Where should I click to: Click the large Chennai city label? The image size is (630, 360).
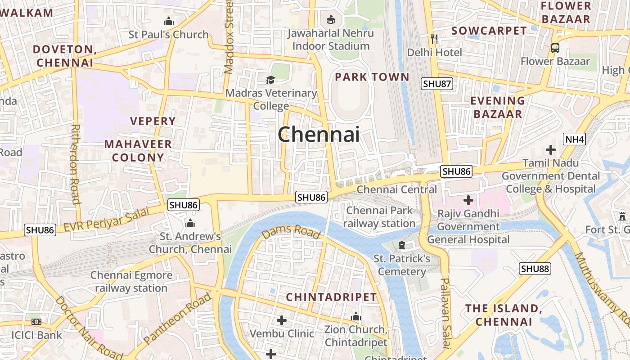pos(319,134)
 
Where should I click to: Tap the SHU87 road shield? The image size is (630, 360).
pos(437,84)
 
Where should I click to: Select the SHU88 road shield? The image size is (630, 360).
pos(535,269)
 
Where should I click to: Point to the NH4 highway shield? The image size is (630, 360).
pos(575,139)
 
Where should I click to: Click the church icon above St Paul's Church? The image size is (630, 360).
pos(169,21)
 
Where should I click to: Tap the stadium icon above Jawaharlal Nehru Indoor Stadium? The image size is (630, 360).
pos(331,19)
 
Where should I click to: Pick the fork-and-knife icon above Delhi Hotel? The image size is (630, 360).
pos(434,39)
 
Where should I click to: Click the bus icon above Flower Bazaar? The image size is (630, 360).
pos(555,48)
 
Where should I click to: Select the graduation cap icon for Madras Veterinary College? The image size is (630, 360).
pos(270,80)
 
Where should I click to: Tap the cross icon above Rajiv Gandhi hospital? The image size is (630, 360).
pos(468,200)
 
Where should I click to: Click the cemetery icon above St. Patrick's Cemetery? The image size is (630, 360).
pos(402,245)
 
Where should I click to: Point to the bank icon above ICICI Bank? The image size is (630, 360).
pos(36,322)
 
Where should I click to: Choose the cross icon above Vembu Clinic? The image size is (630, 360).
pos(282,320)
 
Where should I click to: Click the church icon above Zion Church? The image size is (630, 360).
pos(356,317)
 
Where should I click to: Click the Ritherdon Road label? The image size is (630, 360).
pos(75,164)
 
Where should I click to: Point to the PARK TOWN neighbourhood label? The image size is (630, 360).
pos(372,77)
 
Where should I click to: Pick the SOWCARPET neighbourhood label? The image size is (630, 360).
pos(489,31)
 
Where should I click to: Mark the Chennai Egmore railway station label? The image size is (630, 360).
pos(131,282)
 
